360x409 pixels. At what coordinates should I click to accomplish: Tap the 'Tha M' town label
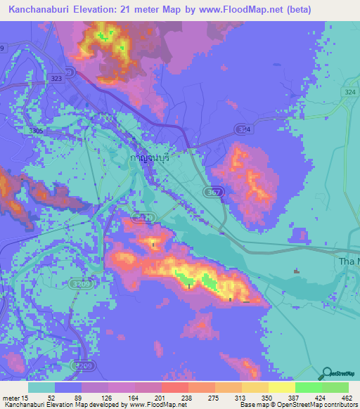pos(345,262)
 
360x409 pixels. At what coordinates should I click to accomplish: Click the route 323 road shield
pos(57,79)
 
